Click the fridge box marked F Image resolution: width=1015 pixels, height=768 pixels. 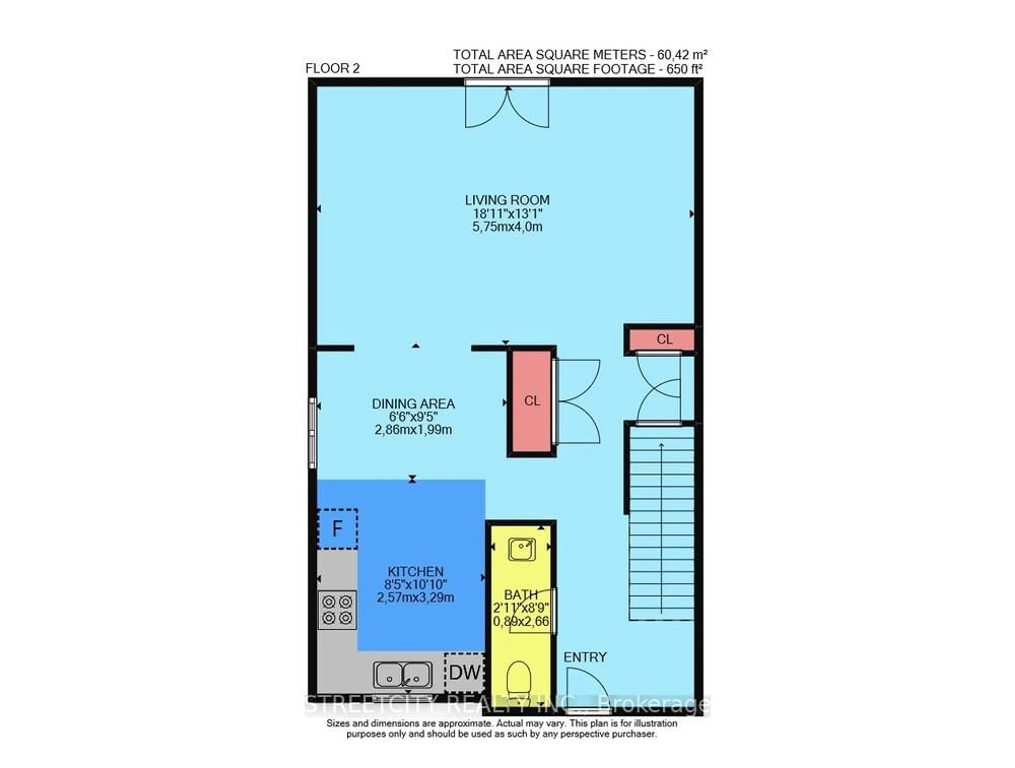click(337, 529)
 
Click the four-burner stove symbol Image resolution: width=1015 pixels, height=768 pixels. click(337, 610)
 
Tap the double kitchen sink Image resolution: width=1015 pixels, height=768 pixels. click(402, 675)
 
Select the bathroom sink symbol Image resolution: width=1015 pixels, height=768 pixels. click(522, 549)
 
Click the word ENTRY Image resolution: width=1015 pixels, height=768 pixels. click(585, 657)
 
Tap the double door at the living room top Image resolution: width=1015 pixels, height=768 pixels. click(507, 106)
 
